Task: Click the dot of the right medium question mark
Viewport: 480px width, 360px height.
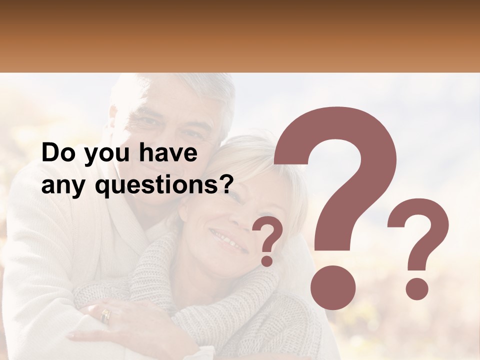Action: pos(416,289)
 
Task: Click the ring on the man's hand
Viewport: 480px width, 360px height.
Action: pos(105,315)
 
